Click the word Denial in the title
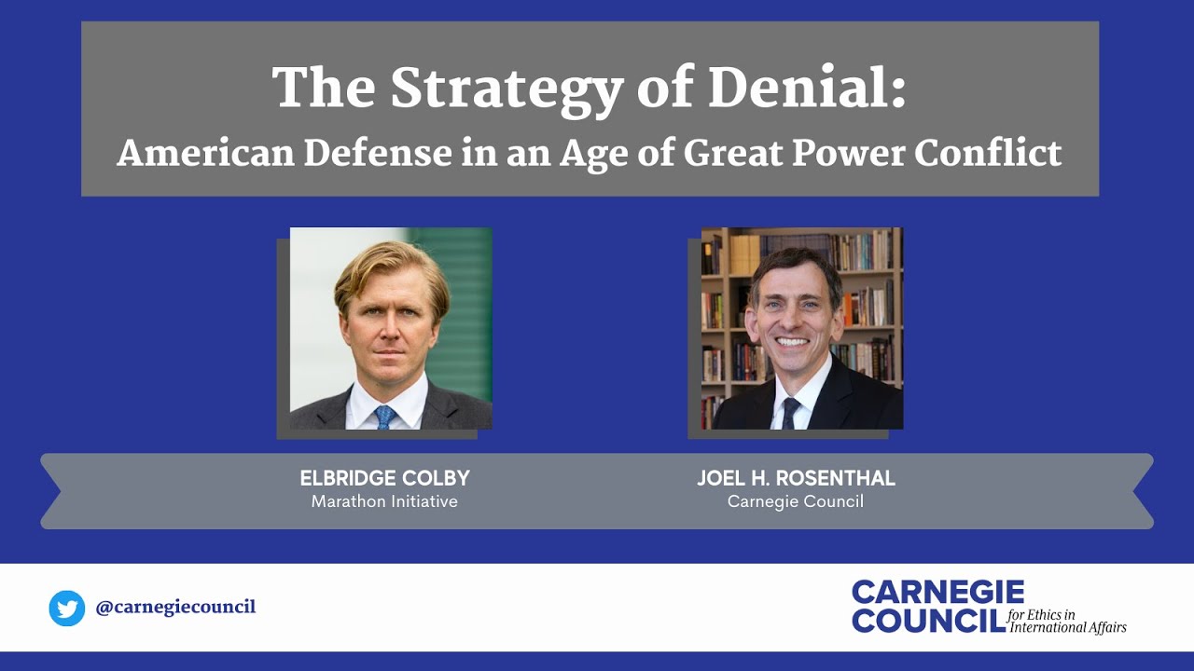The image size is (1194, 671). tap(807, 89)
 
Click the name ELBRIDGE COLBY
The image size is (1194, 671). tap(384, 479)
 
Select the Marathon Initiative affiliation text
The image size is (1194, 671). tap(384, 502)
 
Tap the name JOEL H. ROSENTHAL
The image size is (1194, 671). tap(796, 479)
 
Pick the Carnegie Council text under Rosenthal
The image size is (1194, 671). tap(796, 502)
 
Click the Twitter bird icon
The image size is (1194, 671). tap(67, 609)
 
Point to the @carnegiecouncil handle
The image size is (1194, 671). tap(175, 608)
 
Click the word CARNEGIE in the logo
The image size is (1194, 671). tap(937, 593)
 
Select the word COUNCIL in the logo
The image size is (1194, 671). tap(928, 620)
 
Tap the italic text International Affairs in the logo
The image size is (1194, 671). tap(1068, 627)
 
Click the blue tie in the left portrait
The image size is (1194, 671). tap(384, 417)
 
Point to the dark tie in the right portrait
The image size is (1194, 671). tap(790, 411)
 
